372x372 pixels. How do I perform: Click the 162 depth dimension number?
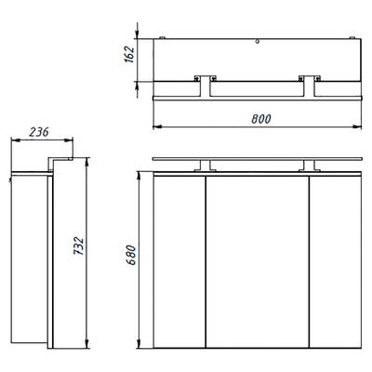pos(129,54)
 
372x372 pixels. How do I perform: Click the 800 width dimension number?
pos(261,119)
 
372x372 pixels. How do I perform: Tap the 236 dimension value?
pos(39,132)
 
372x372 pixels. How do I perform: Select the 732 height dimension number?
pos(79,246)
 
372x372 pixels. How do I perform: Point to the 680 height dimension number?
pos(131,255)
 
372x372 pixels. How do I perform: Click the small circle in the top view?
pos(258,41)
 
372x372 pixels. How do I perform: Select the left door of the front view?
pos(179,262)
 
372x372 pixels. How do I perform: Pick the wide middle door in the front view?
pos(258,262)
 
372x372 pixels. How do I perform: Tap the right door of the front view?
pos(335,262)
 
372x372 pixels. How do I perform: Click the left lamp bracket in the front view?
pos(206,166)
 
